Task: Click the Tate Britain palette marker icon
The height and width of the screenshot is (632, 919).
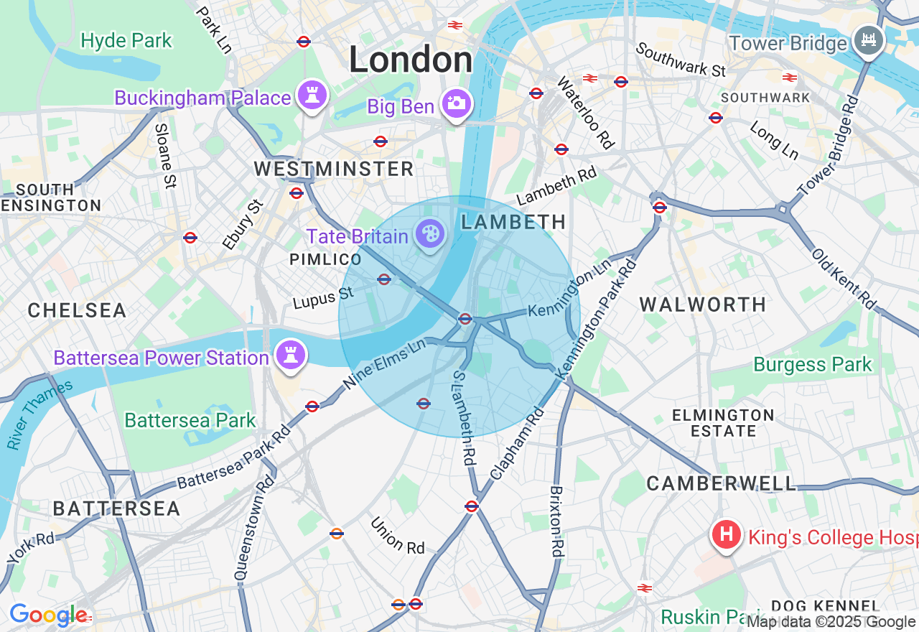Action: (430, 234)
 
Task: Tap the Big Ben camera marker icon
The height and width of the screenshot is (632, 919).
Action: (456, 104)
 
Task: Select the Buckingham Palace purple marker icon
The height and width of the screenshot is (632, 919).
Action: (312, 95)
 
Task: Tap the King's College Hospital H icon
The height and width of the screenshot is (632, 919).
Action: (726, 534)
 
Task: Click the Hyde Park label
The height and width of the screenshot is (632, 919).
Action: (126, 41)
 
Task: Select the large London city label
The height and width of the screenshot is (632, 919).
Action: (411, 60)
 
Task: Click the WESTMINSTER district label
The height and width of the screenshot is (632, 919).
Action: (334, 169)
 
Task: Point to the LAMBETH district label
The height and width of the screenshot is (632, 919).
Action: (513, 223)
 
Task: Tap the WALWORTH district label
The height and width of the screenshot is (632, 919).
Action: (703, 305)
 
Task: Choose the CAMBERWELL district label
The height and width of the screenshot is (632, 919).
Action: (721, 483)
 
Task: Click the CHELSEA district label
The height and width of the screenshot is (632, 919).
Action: (77, 310)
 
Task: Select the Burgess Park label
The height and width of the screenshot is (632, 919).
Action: (812, 364)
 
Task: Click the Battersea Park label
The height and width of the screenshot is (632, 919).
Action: (190, 420)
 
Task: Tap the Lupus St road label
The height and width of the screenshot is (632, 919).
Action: (323, 298)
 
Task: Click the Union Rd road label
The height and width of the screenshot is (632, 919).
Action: (398, 536)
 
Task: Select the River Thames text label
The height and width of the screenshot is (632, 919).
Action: (39, 415)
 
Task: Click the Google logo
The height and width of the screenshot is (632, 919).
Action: (48, 615)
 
